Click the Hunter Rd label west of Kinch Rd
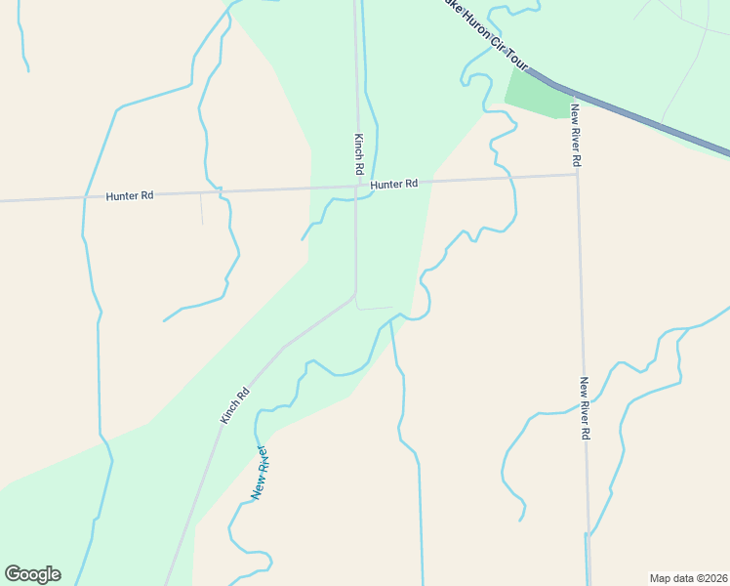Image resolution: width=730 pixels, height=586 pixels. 130,195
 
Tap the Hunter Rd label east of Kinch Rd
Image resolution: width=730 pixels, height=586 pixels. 394,184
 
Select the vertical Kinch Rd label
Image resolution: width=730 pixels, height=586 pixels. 359,155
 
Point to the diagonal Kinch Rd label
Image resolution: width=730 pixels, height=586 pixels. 235,405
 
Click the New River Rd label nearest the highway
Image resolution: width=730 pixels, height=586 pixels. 577,133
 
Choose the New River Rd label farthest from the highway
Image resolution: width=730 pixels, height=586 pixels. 586,407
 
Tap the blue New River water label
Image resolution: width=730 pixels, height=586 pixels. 260,473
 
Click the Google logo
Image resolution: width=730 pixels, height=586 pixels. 32,574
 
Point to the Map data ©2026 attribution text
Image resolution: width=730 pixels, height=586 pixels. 688,578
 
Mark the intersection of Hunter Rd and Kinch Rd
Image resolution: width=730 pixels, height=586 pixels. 356,186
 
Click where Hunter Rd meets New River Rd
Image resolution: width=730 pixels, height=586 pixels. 578,175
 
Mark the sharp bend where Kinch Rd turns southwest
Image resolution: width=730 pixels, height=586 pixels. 355,295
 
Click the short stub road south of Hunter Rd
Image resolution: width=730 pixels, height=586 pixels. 201,209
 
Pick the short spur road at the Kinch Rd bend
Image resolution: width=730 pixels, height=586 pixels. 375,309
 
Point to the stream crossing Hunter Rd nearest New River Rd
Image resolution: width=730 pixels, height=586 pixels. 507,177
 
